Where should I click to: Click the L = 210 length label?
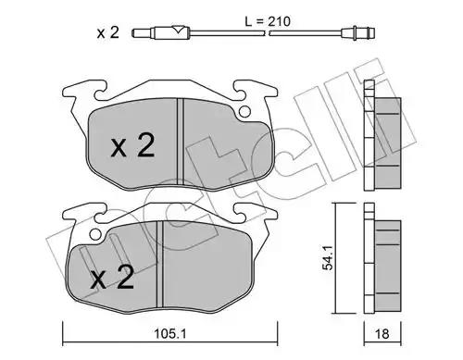268,21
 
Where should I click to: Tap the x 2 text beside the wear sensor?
107,32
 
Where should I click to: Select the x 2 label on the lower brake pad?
112,277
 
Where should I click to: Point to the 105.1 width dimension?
170,333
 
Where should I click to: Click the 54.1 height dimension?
328,258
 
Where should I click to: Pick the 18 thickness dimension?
382,334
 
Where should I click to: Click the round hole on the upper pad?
245,112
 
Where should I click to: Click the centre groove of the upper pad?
181,142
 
